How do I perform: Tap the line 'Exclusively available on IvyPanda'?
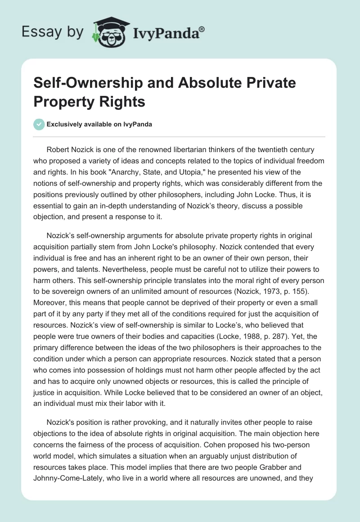tap(99, 124)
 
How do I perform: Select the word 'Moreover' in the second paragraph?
tap(49, 303)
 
